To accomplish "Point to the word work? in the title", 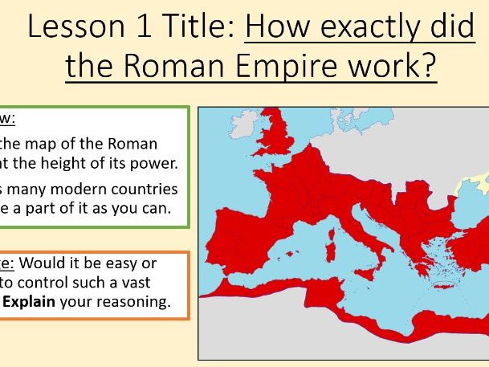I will coord(397,66).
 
